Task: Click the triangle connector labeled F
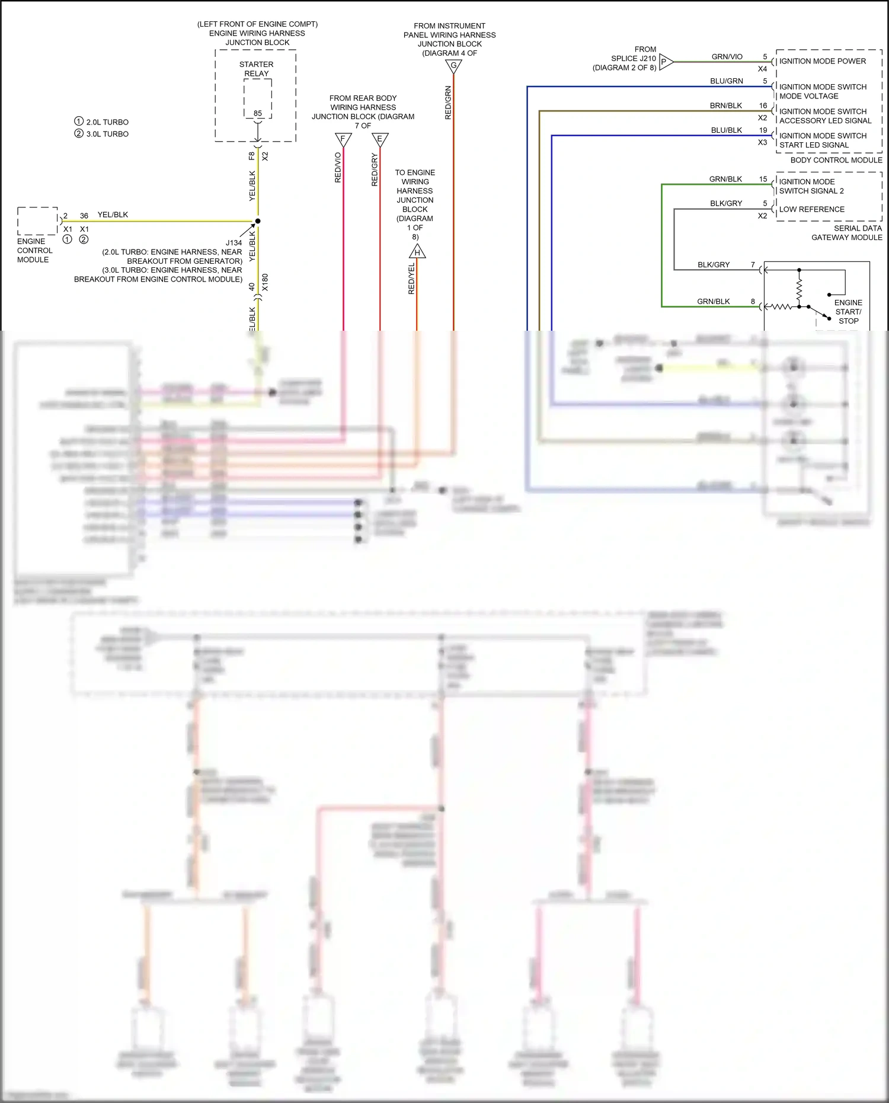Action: (343, 139)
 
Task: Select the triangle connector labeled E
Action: (380, 139)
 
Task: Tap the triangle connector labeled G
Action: (453, 66)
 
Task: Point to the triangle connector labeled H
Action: (417, 252)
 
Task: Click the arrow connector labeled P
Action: (666, 62)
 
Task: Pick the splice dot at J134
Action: (258, 221)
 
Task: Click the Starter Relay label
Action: (257, 69)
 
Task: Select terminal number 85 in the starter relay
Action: (258, 113)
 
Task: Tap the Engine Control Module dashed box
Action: (37, 221)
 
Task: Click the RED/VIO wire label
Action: (338, 167)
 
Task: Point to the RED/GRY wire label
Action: (375, 170)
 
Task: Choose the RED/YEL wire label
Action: (412, 279)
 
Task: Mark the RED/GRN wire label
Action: (448, 103)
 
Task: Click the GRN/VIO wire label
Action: (727, 57)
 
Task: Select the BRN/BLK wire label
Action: (726, 105)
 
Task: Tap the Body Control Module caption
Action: (836, 160)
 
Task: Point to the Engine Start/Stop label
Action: (848, 312)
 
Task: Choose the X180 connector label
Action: (265, 282)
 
